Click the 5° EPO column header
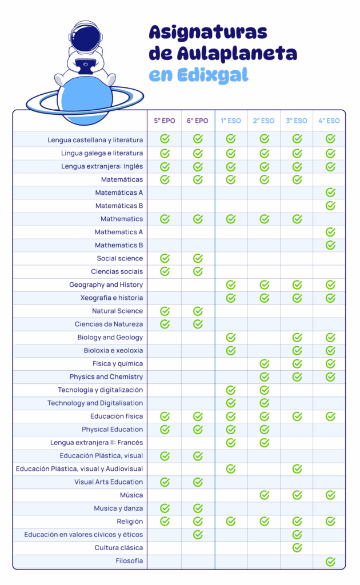(165, 121)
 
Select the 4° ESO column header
(329, 121)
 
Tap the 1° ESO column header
(231, 121)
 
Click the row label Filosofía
(129, 561)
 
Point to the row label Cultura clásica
(119, 548)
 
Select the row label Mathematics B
(119, 245)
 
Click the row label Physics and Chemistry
(106, 376)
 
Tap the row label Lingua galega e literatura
(102, 153)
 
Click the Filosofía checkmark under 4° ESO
(330, 562)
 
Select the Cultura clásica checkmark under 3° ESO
(297, 548)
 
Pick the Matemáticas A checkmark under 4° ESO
(330, 193)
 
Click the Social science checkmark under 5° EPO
(165, 258)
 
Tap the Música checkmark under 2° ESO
(264, 495)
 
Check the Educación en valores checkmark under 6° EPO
(198, 535)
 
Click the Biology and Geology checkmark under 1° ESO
(231, 337)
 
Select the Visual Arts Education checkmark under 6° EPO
(198, 482)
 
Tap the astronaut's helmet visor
(86, 39)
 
